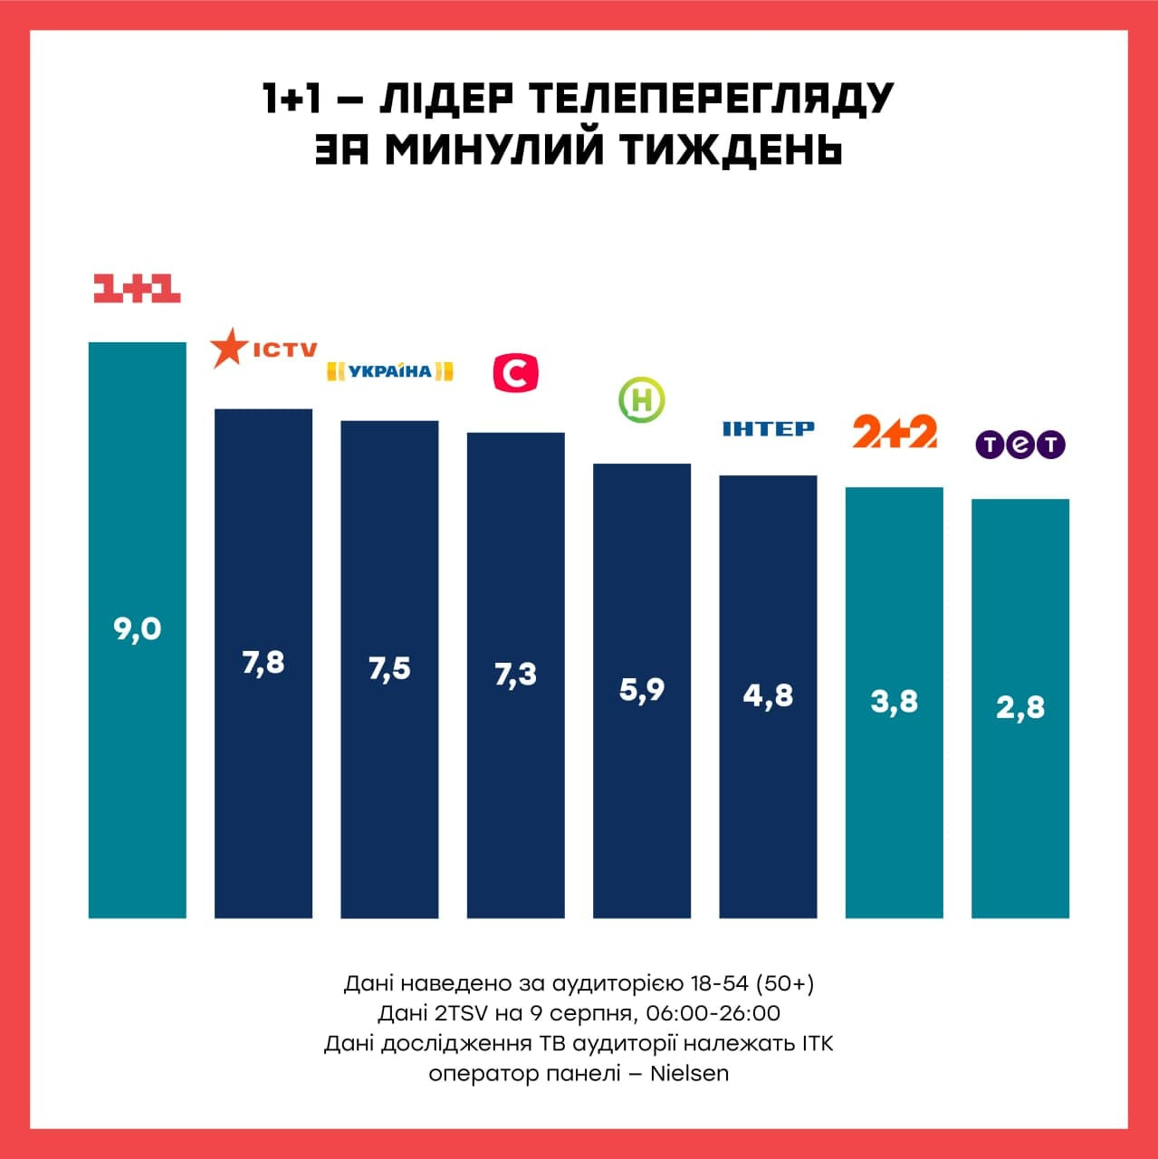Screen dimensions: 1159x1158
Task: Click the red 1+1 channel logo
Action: (x=138, y=288)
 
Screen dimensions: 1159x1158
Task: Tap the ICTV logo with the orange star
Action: (x=263, y=349)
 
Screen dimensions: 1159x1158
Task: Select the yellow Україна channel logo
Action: (x=389, y=370)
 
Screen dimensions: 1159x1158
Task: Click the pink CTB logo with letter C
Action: (x=516, y=373)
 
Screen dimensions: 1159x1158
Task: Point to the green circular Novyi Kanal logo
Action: (x=642, y=399)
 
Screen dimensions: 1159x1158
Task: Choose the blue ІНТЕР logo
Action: (x=768, y=428)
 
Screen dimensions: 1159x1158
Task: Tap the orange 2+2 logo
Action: (x=895, y=432)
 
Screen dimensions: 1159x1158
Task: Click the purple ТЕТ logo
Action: (x=1020, y=445)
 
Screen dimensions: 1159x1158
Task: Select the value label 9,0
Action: (x=138, y=628)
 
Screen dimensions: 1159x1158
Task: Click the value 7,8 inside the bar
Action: (x=263, y=663)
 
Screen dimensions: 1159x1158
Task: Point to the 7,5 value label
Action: (x=389, y=668)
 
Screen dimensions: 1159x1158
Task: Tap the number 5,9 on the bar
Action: (x=642, y=690)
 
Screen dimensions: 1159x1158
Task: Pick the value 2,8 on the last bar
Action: (x=1020, y=707)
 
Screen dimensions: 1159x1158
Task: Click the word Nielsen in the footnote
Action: (x=689, y=1074)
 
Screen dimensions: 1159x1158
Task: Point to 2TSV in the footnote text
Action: (x=460, y=1013)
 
